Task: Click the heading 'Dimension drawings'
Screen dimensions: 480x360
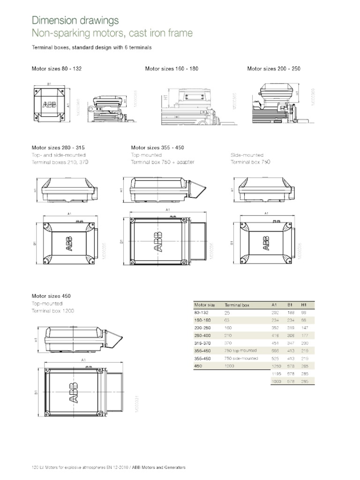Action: click(75, 20)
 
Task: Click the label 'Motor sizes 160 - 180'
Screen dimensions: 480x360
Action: click(172, 68)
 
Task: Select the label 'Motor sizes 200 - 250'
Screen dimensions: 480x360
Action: click(274, 68)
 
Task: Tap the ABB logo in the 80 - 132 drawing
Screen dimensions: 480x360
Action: click(49, 104)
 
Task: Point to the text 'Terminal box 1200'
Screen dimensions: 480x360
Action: click(52, 311)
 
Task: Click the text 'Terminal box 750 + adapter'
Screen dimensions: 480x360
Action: click(162, 162)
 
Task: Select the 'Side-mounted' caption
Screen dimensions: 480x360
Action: click(247, 155)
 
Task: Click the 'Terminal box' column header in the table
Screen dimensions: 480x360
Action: click(237, 305)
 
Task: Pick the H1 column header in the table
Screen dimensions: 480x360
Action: click(303, 305)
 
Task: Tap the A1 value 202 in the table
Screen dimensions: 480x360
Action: click(275, 312)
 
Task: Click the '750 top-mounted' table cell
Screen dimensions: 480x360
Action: click(240, 350)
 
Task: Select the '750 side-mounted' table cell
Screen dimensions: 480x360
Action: click(241, 358)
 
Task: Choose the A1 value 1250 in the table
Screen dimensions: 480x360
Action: click(277, 366)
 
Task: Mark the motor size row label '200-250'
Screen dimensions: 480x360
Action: click(201, 328)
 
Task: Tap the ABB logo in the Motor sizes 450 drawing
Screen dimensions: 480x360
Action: click(74, 393)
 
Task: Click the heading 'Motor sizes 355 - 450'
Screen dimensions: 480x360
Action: click(157, 147)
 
